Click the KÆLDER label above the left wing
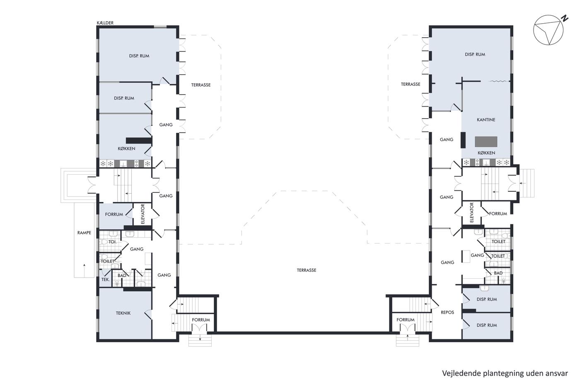(x=105, y=23)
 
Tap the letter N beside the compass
(x=564, y=18)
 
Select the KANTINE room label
(x=486, y=120)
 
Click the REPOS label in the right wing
(x=447, y=312)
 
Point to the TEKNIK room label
(x=123, y=313)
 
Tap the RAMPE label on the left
(x=84, y=233)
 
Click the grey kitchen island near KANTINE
(x=486, y=141)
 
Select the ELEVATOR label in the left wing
(x=143, y=214)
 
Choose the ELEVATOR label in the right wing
(x=471, y=212)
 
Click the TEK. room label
(x=105, y=280)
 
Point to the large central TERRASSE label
(x=307, y=270)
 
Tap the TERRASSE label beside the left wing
(x=201, y=85)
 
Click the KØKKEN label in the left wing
(x=126, y=148)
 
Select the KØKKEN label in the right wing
(x=486, y=153)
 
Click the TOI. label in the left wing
(x=113, y=242)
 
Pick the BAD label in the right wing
(x=498, y=273)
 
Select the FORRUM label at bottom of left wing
(x=201, y=320)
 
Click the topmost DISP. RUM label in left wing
(x=139, y=56)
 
